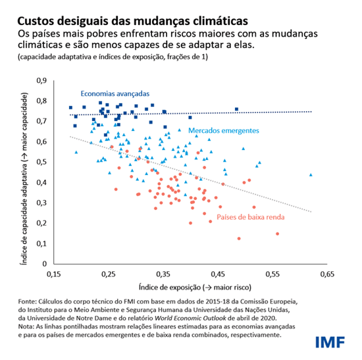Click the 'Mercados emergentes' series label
tap(223, 131)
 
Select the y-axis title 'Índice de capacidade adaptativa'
tap(24, 172)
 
